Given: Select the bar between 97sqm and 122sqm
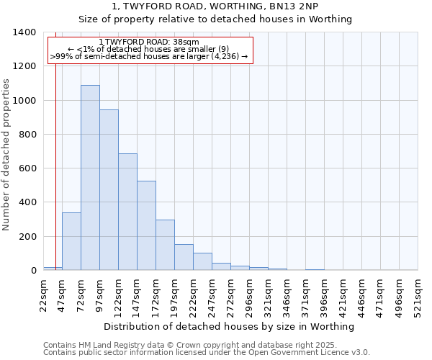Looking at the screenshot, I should pos(109,190).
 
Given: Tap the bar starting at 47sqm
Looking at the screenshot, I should pos(71,241).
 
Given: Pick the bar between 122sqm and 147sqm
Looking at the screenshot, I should pos(127,212).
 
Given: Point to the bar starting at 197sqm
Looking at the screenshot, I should pos(184,257).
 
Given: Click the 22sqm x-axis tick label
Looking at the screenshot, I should pos(44,294).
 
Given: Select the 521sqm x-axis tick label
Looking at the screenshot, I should pos(418,294).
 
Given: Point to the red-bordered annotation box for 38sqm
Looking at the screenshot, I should pos(150,50).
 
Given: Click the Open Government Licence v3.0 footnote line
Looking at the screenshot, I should pos(207,353).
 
